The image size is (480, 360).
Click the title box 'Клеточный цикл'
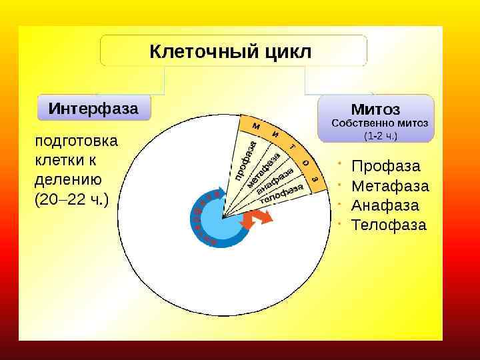[x=233, y=51]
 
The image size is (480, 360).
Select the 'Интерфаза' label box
[x=93, y=107]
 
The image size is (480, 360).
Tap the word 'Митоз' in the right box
[x=375, y=109]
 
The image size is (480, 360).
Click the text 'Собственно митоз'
[x=379, y=123]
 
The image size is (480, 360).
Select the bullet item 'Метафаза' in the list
[x=390, y=185]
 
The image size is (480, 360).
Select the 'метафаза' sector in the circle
[x=264, y=171]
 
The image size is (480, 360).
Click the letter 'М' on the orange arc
[x=256, y=125]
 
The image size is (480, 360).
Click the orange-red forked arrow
[x=257, y=218]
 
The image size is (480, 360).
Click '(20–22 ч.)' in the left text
[x=71, y=199]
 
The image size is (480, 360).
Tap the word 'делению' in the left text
[x=67, y=179]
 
